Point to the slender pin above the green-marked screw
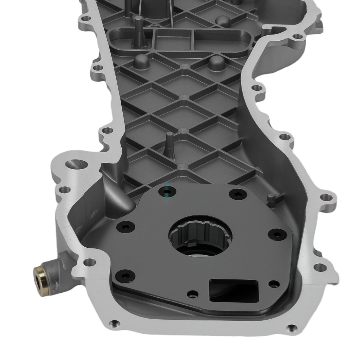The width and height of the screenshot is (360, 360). coord(169,144)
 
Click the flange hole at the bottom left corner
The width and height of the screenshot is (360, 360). coord(114,322)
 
